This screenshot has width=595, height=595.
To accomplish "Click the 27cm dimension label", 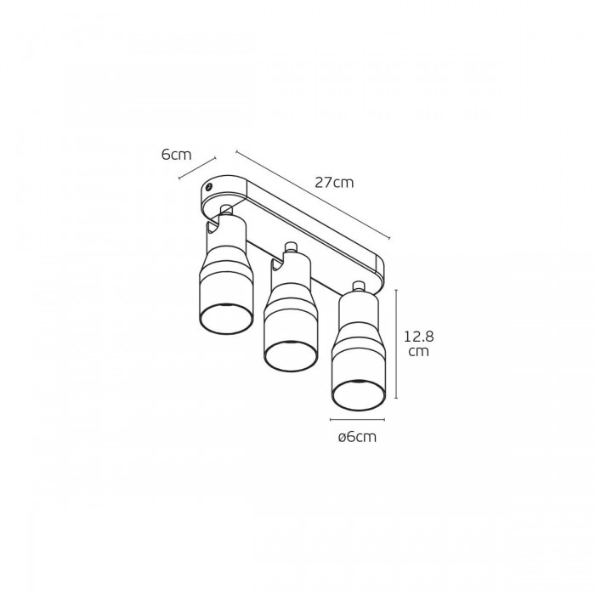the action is pos(334,183).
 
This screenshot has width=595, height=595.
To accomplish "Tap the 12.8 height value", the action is pos(418,337).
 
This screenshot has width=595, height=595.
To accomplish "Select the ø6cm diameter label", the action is pos(357,437).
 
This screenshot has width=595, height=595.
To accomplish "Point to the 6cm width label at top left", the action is pos(177,155).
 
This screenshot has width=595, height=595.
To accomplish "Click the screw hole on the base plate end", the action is pos(208,187).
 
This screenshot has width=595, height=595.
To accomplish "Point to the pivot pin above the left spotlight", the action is pos(227,209).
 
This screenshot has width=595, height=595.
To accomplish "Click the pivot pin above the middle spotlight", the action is pos(291,247).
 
